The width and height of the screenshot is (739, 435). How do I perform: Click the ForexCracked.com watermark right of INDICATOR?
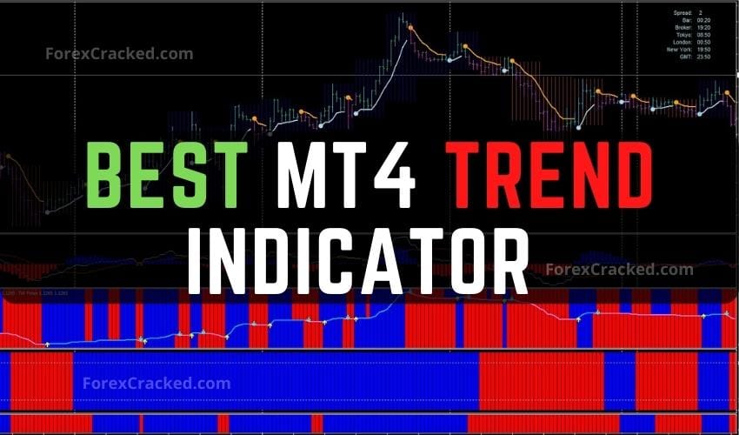tap(619, 270)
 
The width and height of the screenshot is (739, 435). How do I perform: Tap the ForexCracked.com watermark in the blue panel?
tap(156, 382)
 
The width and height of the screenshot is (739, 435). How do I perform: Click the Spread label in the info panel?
tap(683, 12)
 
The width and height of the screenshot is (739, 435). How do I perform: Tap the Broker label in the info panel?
tap(683, 27)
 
